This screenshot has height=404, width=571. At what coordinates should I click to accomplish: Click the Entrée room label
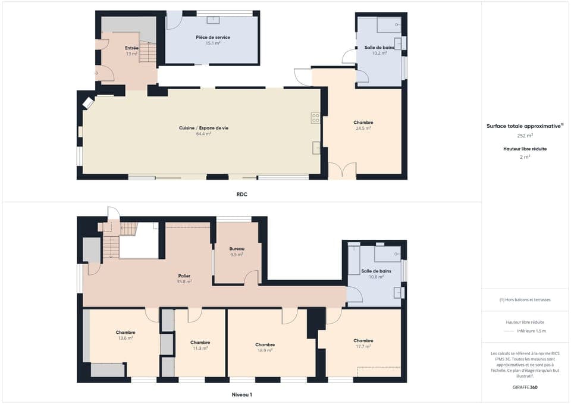(x=131, y=48)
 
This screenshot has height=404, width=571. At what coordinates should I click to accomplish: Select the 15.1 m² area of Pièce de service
(x=213, y=43)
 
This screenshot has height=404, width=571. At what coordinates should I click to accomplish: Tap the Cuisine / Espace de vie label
(x=203, y=128)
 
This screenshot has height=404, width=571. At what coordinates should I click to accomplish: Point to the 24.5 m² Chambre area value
(x=363, y=129)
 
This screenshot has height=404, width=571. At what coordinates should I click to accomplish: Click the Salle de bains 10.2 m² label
(x=379, y=47)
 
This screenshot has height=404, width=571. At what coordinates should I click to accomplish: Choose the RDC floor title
(x=241, y=194)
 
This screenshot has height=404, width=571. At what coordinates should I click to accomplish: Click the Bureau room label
(x=237, y=248)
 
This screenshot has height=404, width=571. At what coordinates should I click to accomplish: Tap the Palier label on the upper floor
(x=184, y=275)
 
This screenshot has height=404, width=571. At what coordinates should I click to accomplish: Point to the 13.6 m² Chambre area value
(x=126, y=338)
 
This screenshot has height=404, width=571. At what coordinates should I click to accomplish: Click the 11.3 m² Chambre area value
(x=200, y=348)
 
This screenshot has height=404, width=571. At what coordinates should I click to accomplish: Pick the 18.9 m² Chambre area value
(x=265, y=350)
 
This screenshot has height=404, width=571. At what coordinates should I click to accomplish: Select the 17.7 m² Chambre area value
(x=363, y=346)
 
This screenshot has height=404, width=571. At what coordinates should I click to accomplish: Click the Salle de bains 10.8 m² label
(x=376, y=271)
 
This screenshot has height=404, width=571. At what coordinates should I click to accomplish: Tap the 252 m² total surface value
(x=525, y=136)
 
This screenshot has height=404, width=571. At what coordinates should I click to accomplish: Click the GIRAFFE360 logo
(x=525, y=387)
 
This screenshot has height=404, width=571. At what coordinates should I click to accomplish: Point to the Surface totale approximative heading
(x=523, y=126)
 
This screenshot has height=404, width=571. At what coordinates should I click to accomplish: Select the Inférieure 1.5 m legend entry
(x=531, y=331)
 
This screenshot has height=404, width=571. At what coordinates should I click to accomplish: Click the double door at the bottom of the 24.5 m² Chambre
(x=342, y=171)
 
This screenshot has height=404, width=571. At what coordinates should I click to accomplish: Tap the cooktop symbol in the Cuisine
(x=316, y=118)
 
